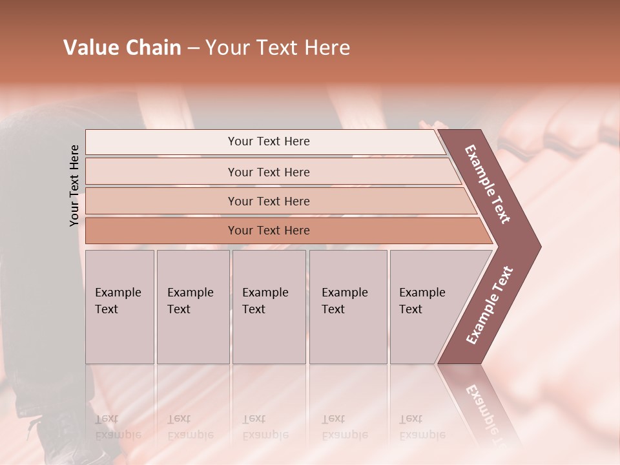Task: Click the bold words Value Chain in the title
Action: pos(122,48)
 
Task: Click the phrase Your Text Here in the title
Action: pos(278,48)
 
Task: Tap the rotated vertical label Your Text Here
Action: pos(74,185)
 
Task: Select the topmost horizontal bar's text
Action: pos(269,141)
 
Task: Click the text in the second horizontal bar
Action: pos(269,172)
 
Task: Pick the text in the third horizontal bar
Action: pos(269,201)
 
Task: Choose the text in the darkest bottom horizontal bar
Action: pos(269,231)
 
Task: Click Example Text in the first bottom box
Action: pos(118,301)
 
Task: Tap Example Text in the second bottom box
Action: pos(190,301)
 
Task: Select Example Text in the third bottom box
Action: pos(265,301)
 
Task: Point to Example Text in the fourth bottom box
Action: pos(344,301)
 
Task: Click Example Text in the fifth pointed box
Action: pos(422,301)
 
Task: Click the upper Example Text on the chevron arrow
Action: pos(488,184)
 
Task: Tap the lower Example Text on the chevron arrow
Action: pos(490,305)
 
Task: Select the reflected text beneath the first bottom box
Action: pos(118,427)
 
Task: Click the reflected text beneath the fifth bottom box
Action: pos(422,427)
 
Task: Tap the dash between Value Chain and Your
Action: pos(193,48)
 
